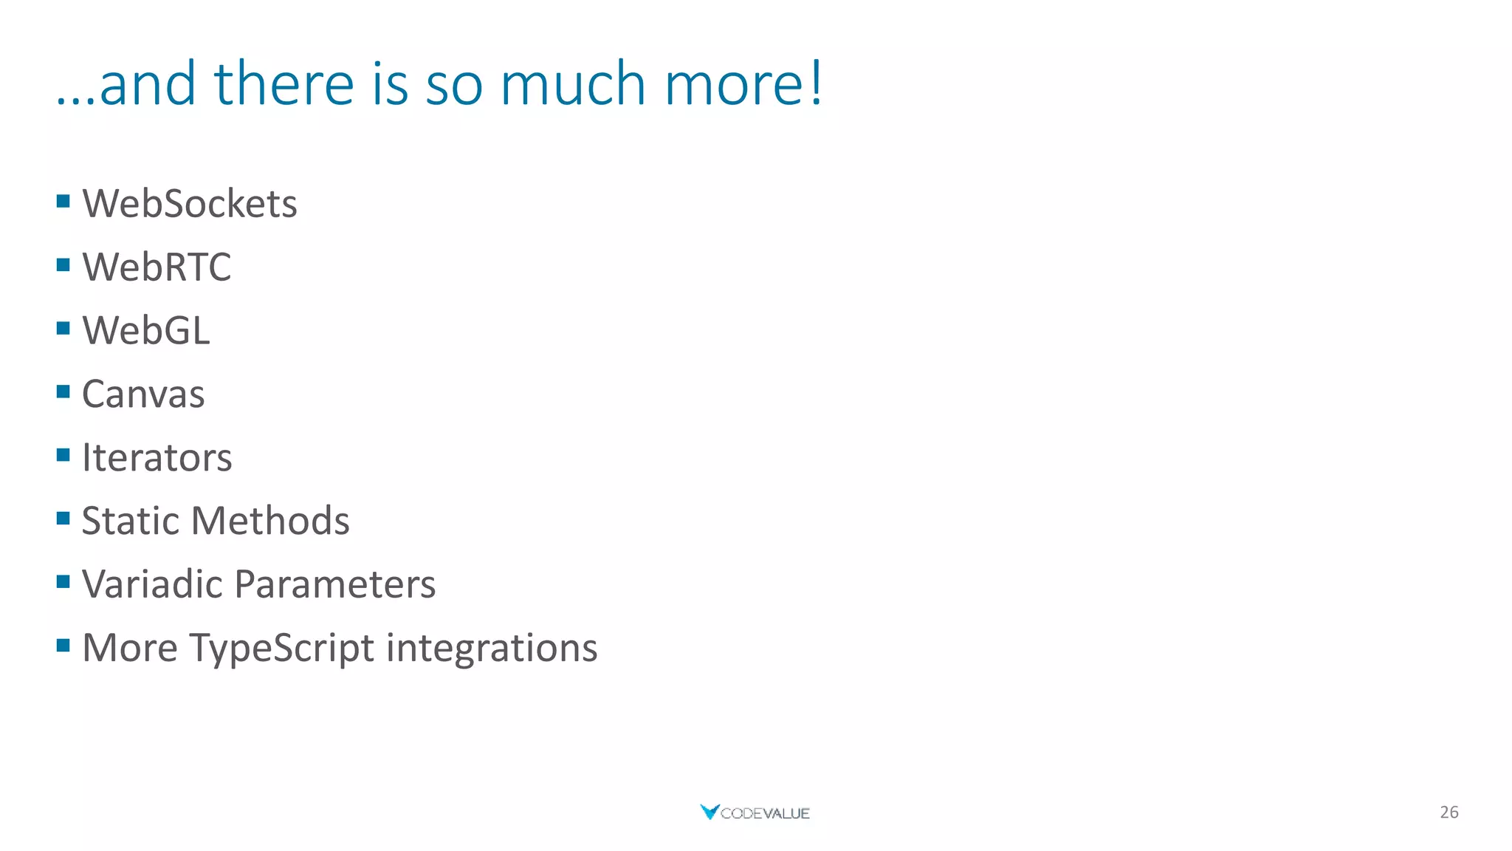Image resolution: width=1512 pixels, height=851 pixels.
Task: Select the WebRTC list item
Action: click(x=157, y=267)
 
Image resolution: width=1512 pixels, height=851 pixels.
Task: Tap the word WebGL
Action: click(x=146, y=330)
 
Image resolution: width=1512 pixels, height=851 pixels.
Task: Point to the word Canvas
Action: click(x=143, y=394)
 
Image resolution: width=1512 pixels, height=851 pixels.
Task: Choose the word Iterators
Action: click(x=157, y=457)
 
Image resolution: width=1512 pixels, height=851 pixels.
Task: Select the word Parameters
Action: click(x=335, y=584)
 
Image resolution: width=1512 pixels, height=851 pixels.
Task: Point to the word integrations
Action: click(x=492, y=648)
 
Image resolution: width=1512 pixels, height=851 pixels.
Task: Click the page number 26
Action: click(x=1449, y=812)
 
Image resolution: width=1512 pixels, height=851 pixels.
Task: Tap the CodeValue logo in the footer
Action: click(x=755, y=813)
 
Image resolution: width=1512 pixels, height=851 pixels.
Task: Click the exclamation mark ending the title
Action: click(x=815, y=83)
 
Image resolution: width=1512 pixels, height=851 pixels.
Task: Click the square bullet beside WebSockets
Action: click(x=63, y=201)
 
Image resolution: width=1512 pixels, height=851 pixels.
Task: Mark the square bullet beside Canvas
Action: click(x=63, y=392)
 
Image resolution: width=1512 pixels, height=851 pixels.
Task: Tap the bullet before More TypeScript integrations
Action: click(x=63, y=646)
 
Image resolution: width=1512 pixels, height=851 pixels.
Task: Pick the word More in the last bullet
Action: click(x=130, y=648)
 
